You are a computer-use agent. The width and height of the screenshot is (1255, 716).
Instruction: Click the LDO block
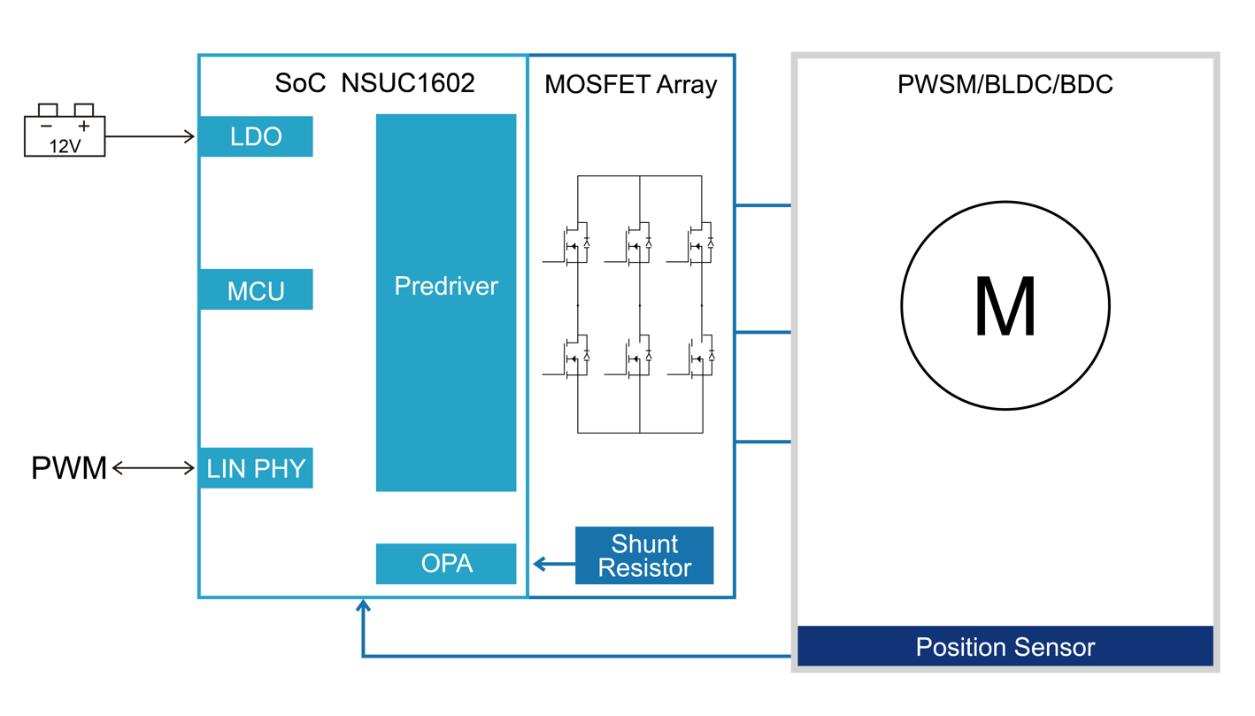256,137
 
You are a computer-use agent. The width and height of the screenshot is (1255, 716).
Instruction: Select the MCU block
256,290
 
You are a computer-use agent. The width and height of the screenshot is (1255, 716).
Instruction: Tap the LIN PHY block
256,469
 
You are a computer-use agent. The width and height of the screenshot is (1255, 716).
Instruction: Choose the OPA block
446,564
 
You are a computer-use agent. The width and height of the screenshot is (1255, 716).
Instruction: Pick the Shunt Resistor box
644,556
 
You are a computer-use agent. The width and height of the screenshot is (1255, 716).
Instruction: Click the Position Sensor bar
1005,647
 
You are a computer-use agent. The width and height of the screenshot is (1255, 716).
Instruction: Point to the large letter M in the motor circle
1005,306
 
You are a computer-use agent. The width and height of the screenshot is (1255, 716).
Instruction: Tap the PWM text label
69,468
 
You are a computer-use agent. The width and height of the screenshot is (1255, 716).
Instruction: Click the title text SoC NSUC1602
375,83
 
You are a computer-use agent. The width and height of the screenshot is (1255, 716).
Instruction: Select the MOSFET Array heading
631,84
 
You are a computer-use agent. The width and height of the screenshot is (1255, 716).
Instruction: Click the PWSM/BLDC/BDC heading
1005,84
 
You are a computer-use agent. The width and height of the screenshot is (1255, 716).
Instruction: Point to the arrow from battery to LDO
150,136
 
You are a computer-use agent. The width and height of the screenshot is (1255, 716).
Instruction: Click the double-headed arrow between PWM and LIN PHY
153,468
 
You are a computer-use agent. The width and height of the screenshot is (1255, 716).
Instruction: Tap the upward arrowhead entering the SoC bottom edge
363,606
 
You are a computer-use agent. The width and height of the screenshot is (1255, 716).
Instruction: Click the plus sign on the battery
84,127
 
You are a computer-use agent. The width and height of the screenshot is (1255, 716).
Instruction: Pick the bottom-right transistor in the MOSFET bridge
697,358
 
